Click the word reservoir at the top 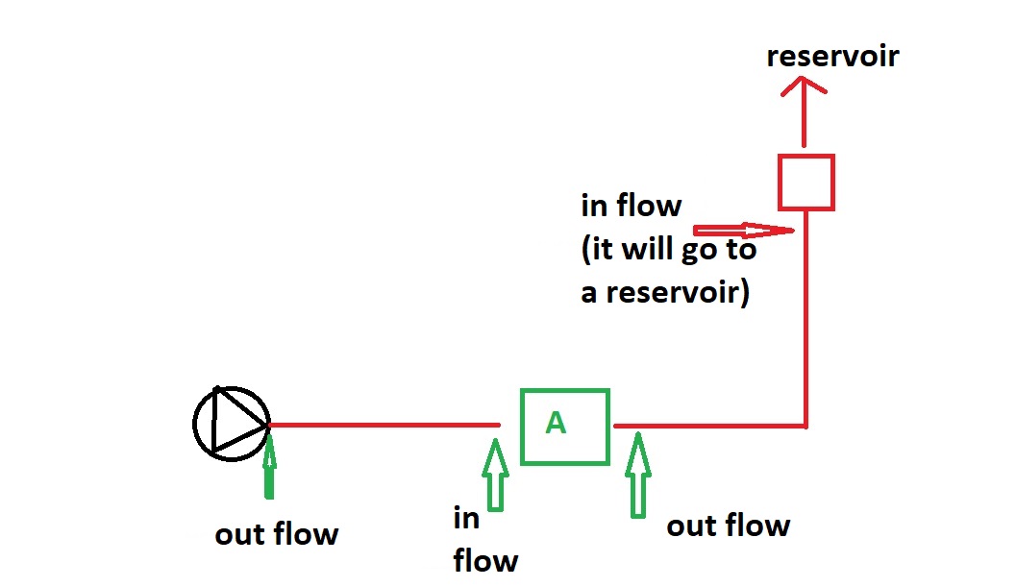point(832,56)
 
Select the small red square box point(805,182)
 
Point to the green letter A point(555,423)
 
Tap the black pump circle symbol point(230,424)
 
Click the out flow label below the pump point(277,534)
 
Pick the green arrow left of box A point(495,474)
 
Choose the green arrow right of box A point(637,476)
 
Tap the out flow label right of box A point(728,526)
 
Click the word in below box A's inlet point(466,519)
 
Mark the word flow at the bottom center point(485,559)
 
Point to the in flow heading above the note point(631,206)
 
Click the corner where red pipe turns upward point(805,425)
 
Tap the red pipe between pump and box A point(384,424)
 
